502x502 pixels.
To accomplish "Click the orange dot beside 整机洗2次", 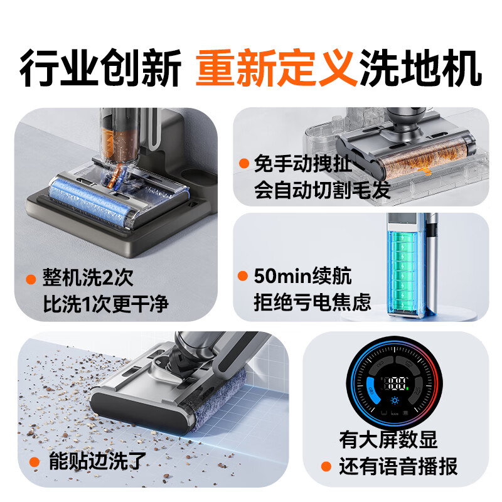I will [x=30, y=279].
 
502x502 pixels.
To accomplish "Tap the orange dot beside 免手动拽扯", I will [x=243, y=164].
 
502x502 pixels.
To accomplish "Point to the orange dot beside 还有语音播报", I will [x=326, y=467].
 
